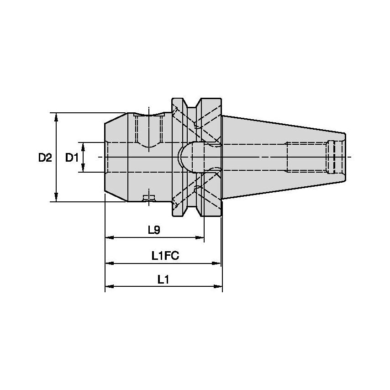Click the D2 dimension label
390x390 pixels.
coord(45,158)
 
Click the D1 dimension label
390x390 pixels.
coord(71,158)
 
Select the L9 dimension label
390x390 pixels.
coord(154,231)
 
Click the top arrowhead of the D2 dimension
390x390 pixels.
coord(56,116)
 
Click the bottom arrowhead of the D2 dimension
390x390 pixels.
coord(56,197)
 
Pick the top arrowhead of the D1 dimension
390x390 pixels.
coord(83,146)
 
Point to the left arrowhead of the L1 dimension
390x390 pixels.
coord(109,287)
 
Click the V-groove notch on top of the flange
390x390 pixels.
coord(192,104)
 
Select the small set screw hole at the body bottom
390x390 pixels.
coord(149,198)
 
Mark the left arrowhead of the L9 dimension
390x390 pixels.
coord(109,238)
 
